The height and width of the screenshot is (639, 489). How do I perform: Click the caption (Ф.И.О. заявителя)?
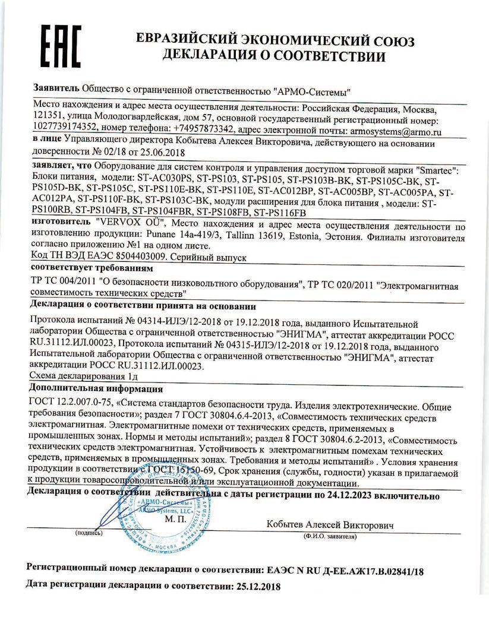(x=329, y=536)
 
